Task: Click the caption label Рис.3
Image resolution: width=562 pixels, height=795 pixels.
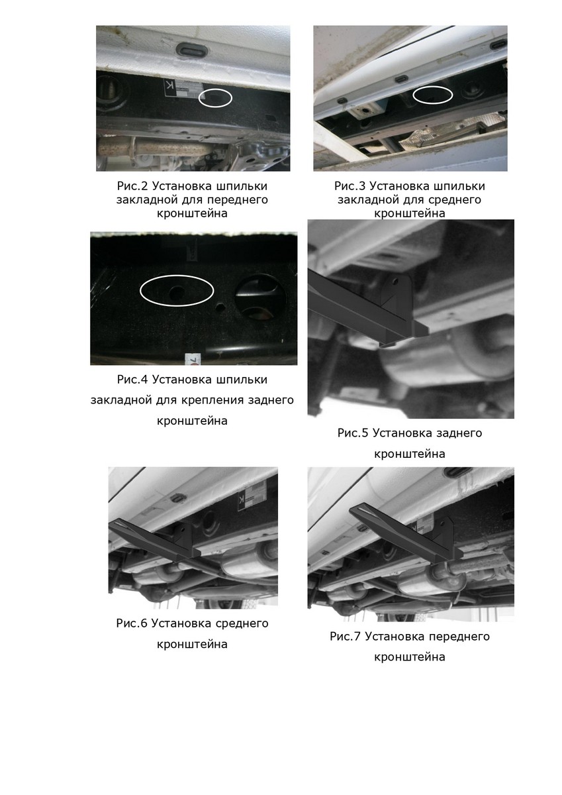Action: click(x=350, y=186)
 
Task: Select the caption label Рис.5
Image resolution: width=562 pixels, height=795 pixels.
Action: click(x=353, y=433)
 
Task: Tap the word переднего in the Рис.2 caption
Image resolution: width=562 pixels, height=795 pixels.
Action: click(x=238, y=199)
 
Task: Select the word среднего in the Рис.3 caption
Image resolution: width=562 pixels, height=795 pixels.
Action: click(x=455, y=199)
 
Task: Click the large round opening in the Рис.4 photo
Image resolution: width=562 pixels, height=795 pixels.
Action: click(x=260, y=297)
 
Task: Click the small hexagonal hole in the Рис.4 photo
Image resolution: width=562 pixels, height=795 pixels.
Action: click(x=220, y=307)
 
